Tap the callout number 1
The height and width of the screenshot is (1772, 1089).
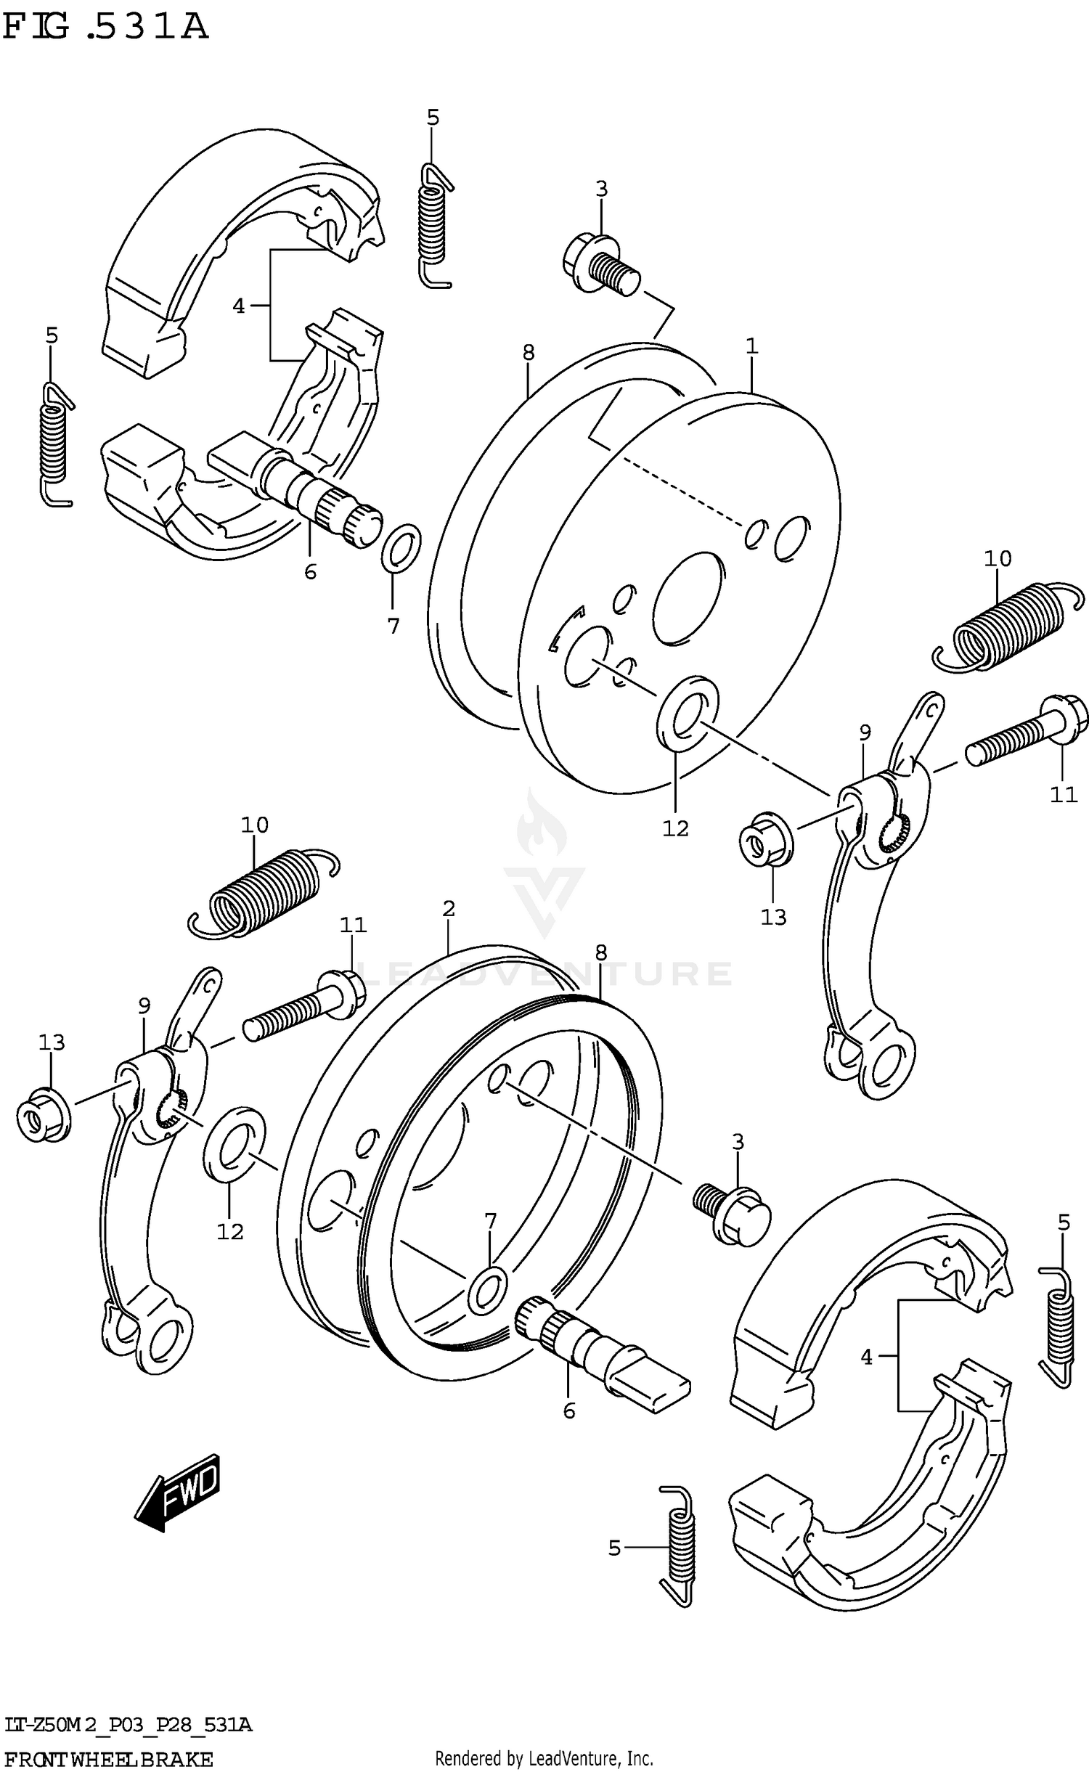tap(751, 346)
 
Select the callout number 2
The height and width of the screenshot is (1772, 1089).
tap(448, 908)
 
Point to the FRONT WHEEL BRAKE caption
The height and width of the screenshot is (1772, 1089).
tap(109, 1753)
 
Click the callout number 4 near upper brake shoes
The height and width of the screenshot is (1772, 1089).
tap(239, 306)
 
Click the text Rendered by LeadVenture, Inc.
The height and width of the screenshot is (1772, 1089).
tap(544, 1752)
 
